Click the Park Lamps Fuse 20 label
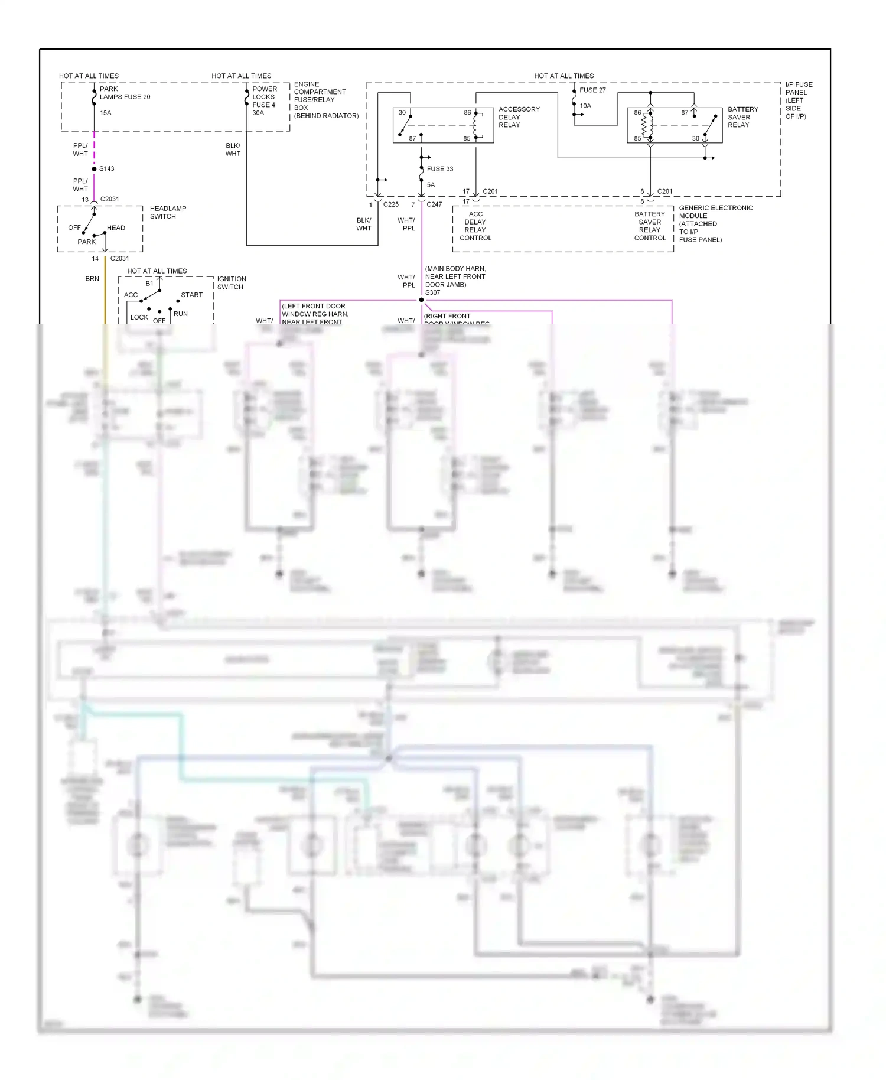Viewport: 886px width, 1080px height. pyautogui.click(x=125, y=93)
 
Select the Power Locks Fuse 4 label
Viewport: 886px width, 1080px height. pyautogui.click(x=264, y=97)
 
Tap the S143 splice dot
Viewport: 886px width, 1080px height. pyautogui.click(x=94, y=169)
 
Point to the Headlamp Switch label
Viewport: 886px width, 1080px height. pyautogui.click(x=168, y=213)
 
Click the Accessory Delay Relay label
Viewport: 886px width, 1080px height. pyautogui.click(x=519, y=117)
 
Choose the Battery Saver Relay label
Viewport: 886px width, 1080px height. pyautogui.click(x=742, y=117)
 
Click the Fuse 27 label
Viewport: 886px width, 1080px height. pyautogui.click(x=592, y=90)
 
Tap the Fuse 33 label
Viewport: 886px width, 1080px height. pyautogui.click(x=440, y=169)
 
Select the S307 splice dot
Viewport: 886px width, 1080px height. pyautogui.click(x=421, y=300)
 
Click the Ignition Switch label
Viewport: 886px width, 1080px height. pyautogui.click(x=232, y=283)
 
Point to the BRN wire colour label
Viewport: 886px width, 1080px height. pyautogui.click(x=92, y=279)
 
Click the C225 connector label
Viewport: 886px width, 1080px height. pyautogui.click(x=390, y=204)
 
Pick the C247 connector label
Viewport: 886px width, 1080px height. pyautogui.click(x=434, y=204)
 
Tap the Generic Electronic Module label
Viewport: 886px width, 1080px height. pyautogui.click(x=715, y=224)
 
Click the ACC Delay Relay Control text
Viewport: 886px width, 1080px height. pyautogui.click(x=475, y=226)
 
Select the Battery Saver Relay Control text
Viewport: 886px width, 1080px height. pyautogui.click(x=650, y=226)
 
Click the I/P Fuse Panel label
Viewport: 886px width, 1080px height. pyautogui.click(x=799, y=100)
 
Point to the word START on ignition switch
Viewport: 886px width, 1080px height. pyautogui.click(x=191, y=295)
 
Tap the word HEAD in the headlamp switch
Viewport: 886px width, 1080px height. pyautogui.click(x=116, y=228)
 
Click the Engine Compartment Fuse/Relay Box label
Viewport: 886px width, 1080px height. pyautogui.click(x=325, y=100)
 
